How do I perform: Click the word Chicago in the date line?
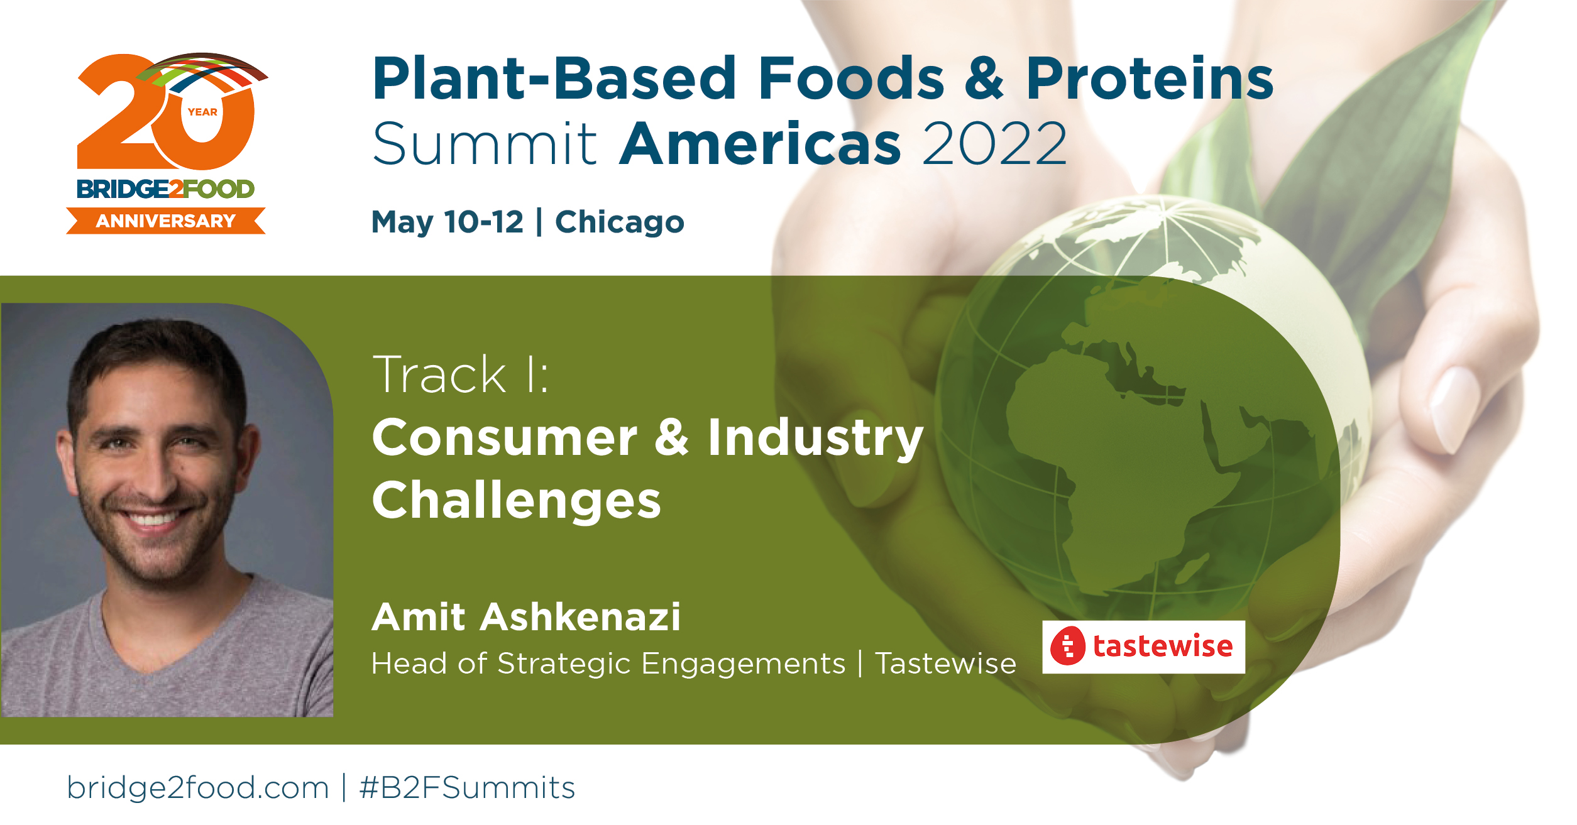click(x=619, y=222)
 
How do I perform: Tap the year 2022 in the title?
click(x=994, y=144)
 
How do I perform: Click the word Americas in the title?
click(x=761, y=144)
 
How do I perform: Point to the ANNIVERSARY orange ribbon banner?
click(x=166, y=221)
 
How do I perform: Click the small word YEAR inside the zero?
click(x=202, y=112)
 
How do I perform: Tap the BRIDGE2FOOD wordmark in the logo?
click(x=165, y=188)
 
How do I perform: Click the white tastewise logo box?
click(x=1143, y=647)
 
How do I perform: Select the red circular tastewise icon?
click(x=1068, y=646)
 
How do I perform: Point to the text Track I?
click(x=461, y=374)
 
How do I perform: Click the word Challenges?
click(x=517, y=501)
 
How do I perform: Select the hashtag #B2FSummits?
click(x=467, y=788)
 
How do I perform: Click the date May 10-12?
click(x=448, y=222)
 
